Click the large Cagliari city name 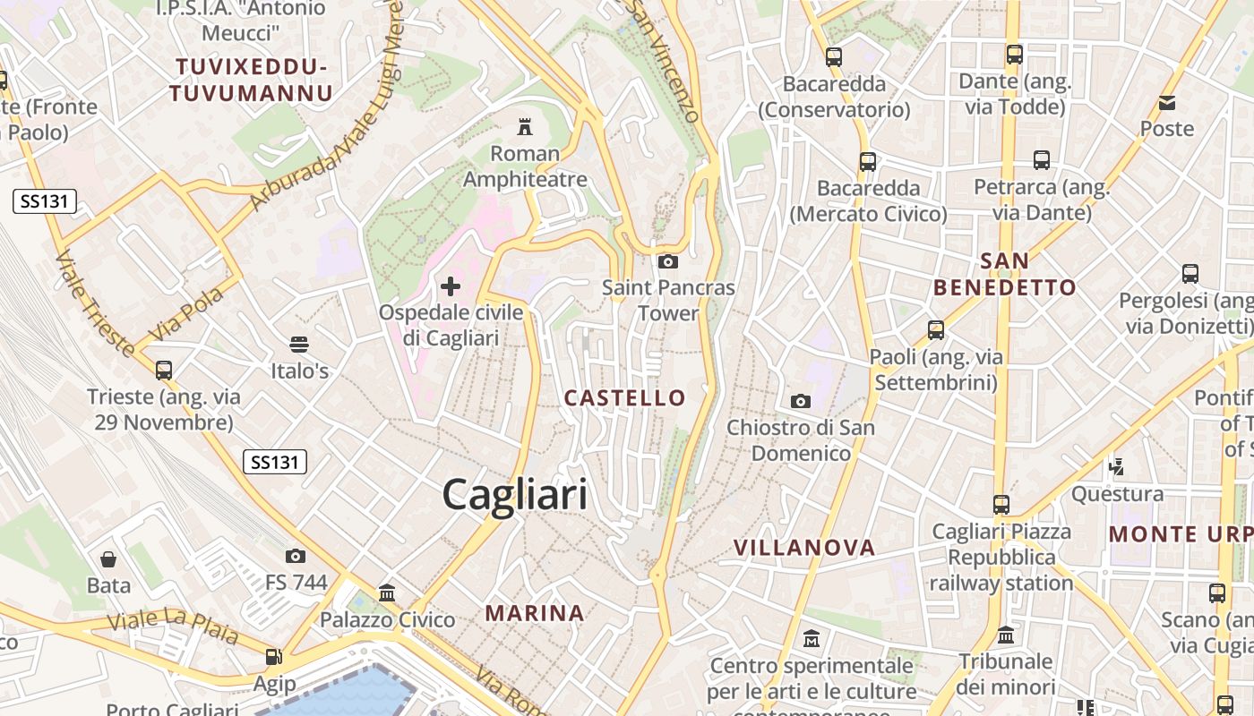(x=515, y=495)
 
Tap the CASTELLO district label (x=624, y=398)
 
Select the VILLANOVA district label (x=803, y=548)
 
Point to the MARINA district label (x=535, y=613)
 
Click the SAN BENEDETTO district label (x=1004, y=275)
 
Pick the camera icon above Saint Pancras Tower (x=667, y=261)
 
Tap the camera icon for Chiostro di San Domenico (x=801, y=401)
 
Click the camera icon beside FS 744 (x=296, y=556)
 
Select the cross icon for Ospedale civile (x=451, y=286)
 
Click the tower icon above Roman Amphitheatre (x=525, y=127)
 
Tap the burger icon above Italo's (x=299, y=345)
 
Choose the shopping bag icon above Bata (x=108, y=559)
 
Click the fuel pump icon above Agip (x=274, y=658)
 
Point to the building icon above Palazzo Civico (x=387, y=592)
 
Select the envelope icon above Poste (x=1167, y=102)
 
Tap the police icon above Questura (x=1116, y=466)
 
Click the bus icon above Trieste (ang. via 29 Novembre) (x=163, y=370)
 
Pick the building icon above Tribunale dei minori (x=1005, y=635)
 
